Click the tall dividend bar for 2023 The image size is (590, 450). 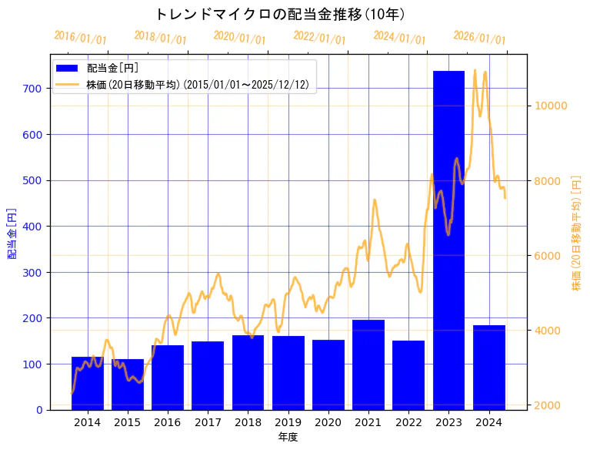[x=448, y=239]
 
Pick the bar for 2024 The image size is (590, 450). [x=489, y=367]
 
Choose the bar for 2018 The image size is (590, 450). [x=248, y=372]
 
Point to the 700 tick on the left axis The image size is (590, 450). [x=32, y=89]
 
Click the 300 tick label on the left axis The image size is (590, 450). [x=32, y=272]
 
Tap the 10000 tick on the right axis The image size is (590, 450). [x=552, y=106]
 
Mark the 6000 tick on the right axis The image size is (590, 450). [x=548, y=256]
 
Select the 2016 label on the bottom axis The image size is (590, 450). [x=168, y=422]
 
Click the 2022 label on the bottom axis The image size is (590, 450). [x=408, y=422]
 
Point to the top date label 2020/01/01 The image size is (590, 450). [x=239, y=38]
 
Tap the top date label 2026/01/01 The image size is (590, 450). [x=479, y=38]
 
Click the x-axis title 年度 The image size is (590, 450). [x=288, y=437]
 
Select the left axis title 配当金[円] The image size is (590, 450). [x=12, y=233]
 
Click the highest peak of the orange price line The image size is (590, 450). [x=475, y=70]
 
